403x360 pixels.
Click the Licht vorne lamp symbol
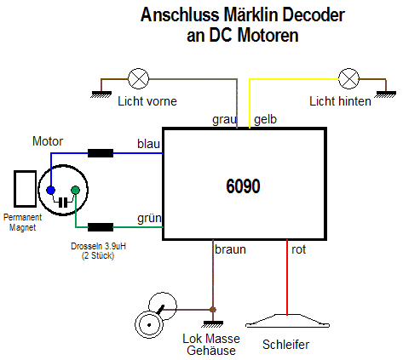point(138,78)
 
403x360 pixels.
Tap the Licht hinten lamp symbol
point(348,78)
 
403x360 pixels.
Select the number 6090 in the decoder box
point(243,186)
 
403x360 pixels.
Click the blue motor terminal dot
point(51,190)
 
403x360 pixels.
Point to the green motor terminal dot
point(75,190)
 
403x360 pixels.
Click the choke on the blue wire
point(101,153)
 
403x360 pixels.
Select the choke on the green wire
point(101,227)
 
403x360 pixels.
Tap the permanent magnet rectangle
point(26,189)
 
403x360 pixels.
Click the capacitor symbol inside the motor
point(63,203)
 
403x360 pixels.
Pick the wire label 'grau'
point(224,120)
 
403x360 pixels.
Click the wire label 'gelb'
point(265,119)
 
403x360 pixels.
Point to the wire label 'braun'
point(230,249)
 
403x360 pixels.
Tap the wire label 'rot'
point(299,249)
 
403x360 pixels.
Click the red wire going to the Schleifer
point(287,277)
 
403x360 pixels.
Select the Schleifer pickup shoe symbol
point(287,321)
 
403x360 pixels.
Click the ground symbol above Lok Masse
point(213,324)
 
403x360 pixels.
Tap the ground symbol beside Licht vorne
point(101,94)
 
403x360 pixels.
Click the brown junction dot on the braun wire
point(213,310)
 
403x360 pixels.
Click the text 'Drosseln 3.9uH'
point(98,246)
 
